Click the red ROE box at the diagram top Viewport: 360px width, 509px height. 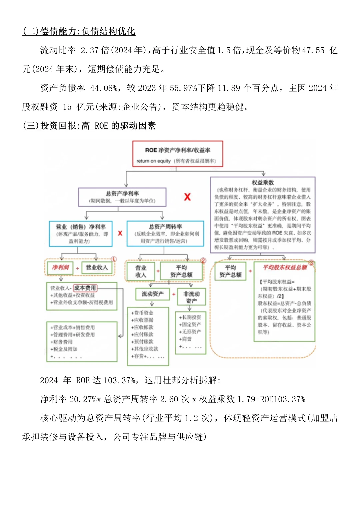point(178,154)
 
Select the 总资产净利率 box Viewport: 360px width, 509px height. point(122,197)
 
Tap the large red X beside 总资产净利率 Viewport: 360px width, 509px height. point(187,197)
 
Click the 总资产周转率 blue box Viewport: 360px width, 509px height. point(165,234)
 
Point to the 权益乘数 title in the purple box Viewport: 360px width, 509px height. point(263,182)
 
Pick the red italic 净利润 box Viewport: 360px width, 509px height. point(60,267)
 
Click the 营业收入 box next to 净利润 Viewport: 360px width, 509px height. point(97,267)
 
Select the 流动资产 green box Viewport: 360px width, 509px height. point(153,294)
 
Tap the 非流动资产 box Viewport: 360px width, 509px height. point(191,297)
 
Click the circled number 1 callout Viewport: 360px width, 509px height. point(114,259)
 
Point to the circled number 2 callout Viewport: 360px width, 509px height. point(203,261)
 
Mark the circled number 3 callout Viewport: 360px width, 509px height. point(311,263)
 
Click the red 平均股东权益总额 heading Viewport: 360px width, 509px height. point(285,267)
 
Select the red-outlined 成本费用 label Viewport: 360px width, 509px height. point(85,288)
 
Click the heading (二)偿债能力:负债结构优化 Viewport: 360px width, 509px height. point(79,31)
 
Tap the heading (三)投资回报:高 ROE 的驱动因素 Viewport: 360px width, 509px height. point(89,126)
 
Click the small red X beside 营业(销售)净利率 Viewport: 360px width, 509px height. point(120,233)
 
